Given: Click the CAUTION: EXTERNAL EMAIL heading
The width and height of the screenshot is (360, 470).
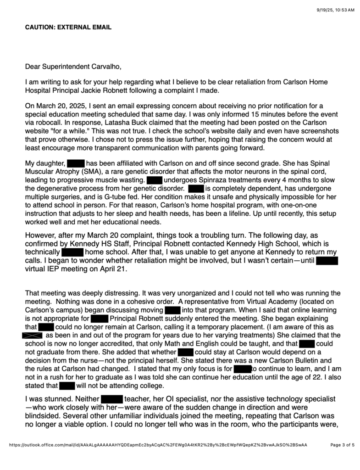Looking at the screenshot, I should (x=68, y=28).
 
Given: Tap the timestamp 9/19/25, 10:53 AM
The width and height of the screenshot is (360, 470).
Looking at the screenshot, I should (x=329, y=10).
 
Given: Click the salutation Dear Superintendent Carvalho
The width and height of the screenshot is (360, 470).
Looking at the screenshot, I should (x=73, y=67).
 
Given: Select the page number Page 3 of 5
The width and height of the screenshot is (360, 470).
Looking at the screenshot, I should (x=342, y=444).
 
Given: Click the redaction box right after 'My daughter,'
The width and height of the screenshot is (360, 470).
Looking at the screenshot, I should (x=76, y=163).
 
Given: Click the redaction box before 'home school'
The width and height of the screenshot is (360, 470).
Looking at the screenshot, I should (x=72, y=252).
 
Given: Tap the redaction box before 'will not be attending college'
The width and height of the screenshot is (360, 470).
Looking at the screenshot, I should (x=67, y=377).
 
